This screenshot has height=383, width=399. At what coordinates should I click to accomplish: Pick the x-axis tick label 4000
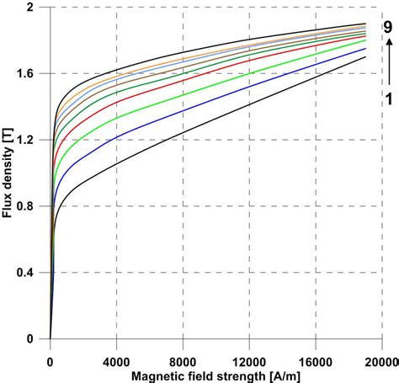(x=116, y=353)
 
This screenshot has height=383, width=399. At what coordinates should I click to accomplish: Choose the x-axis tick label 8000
(x=183, y=353)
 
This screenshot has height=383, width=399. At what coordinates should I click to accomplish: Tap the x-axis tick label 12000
(x=249, y=353)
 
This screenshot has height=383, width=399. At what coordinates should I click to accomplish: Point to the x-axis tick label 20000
(x=380, y=353)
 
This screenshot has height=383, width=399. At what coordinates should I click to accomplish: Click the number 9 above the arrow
(x=388, y=26)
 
